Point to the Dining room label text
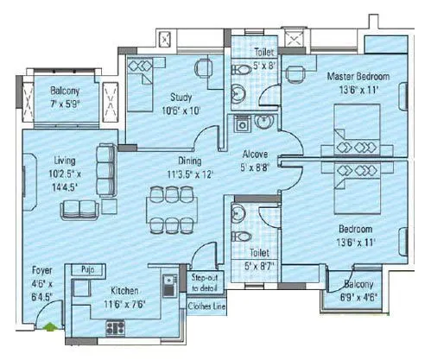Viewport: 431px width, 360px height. (189, 161)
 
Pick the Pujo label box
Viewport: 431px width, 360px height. (82, 269)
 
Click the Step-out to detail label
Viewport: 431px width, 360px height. (206, 282)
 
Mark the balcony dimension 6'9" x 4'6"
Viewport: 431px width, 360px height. (356, 296)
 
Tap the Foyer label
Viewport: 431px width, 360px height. (41, 269)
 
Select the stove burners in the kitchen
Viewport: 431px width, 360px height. (113, 325)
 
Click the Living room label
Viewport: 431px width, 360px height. (63, 161)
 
